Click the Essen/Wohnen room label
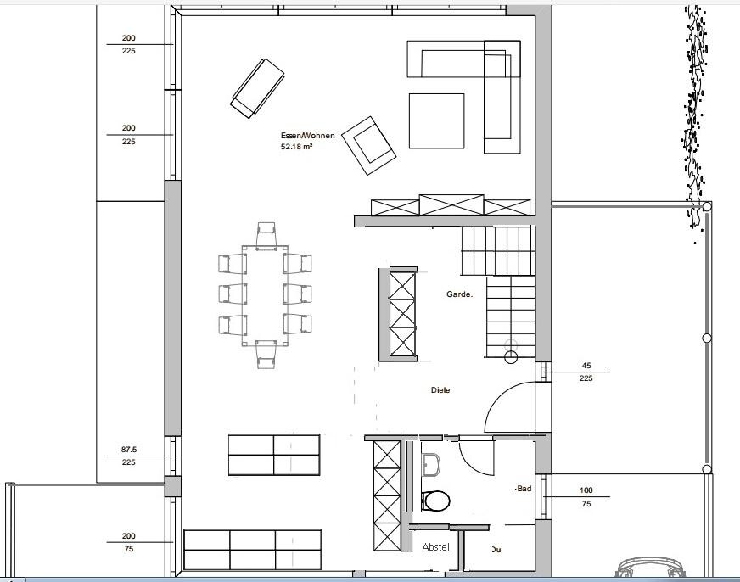(308, 136)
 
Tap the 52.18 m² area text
(296, 147)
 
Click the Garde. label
(459, 294)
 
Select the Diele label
(440, 390)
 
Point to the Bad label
(524, 489)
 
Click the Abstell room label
(437, 547)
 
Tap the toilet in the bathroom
(434, 501)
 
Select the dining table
(265, 295)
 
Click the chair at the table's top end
(266, 235)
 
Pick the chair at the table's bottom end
(266, 355)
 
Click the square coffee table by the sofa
(436, 120)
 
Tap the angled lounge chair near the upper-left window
(257, 89)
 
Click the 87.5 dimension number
(129, 450)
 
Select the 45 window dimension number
(586, 366)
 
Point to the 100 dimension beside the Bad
(586, 490)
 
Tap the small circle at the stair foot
(511, 357)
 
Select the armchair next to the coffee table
(369, 145)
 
